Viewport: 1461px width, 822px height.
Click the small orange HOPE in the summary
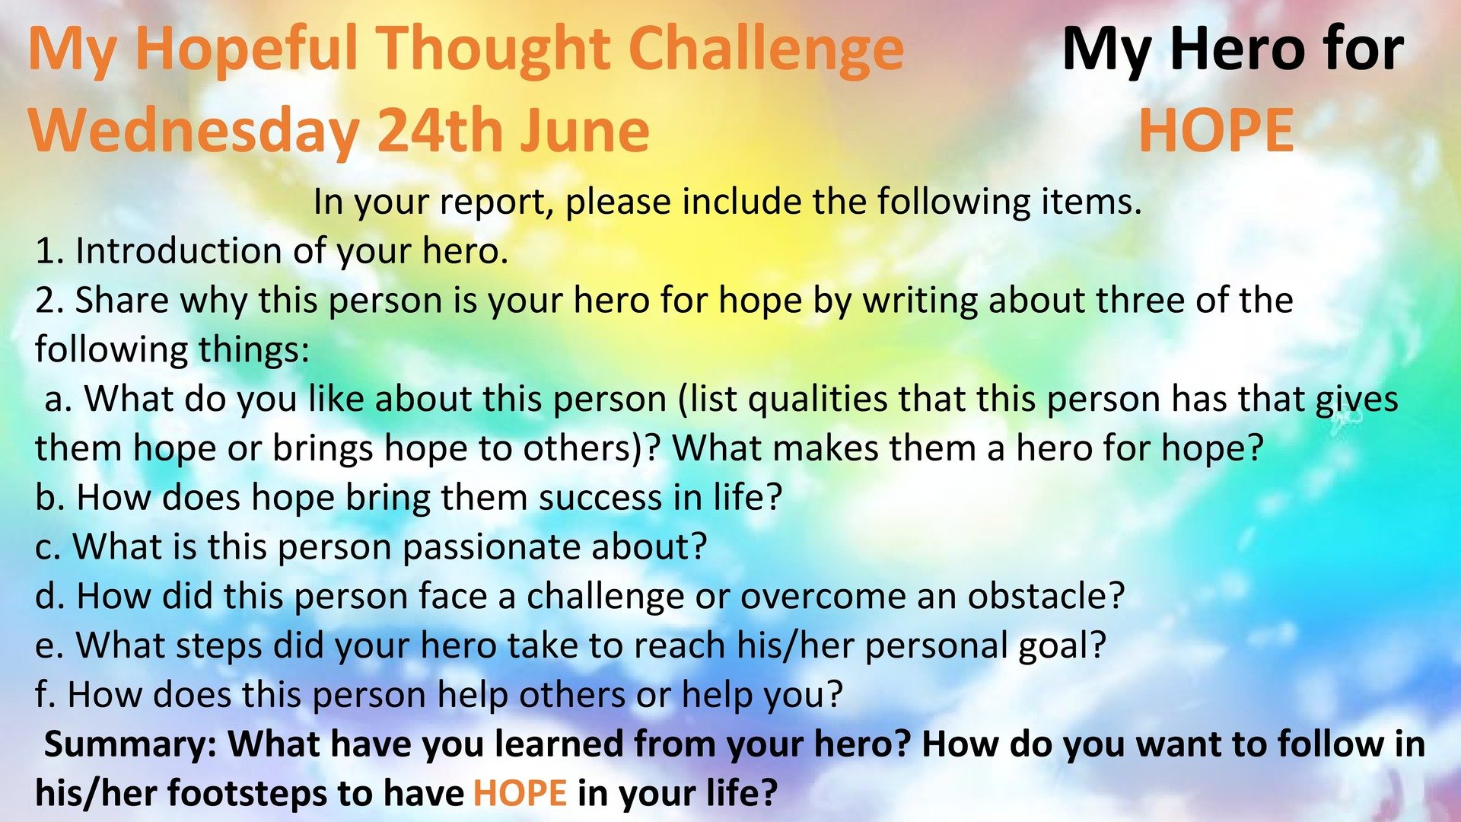(520, 792)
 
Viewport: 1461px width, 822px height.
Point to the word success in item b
(600, 499)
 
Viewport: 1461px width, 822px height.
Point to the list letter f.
(45, 694)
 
